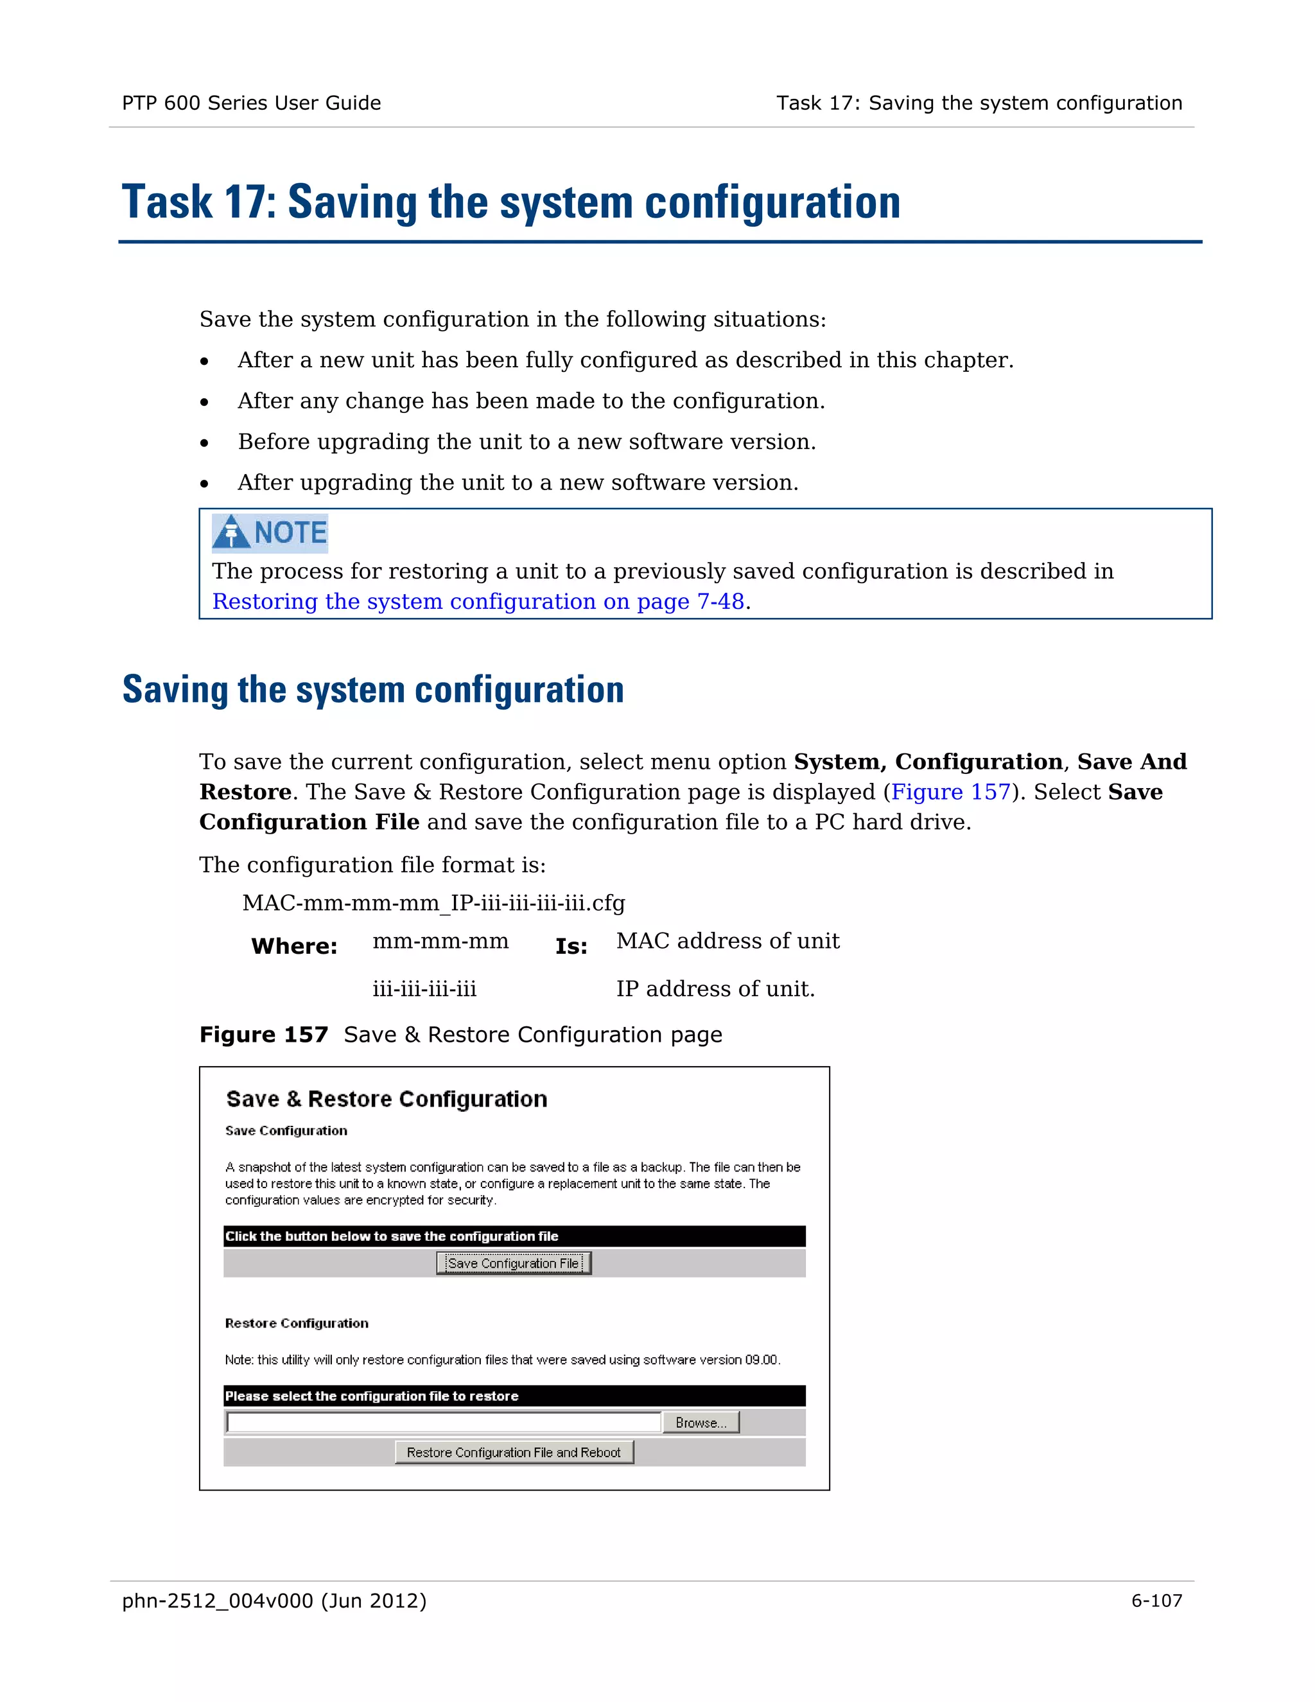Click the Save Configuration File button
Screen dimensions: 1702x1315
(x=514, y=1263)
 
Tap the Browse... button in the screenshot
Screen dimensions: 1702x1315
(x=701, y=1423)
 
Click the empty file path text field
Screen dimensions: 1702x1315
(x=443, y=1423)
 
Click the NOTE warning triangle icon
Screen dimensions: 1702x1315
(x=231, y=532)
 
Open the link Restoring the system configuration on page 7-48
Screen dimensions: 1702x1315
(x=478, y=602)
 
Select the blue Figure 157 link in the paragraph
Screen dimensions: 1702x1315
(x=950, y=792)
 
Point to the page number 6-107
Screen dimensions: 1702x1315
(x=1156, y=1601)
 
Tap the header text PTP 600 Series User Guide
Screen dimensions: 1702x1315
(x=251, y=103)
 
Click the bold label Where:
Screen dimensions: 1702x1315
(x=293, y=946)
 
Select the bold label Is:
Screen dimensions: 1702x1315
(x=571, y=946)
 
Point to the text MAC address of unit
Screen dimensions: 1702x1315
(x=727, y=942)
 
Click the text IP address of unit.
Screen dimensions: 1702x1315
(x=715, y=989)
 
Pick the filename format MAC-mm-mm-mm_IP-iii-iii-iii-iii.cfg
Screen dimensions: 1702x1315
(x=433, y=903)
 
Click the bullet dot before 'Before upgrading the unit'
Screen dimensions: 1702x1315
(x=204, y=443)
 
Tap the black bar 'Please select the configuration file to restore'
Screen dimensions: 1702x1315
(x=514, y=1396)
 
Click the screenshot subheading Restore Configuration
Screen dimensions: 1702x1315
(x=297, y=1323)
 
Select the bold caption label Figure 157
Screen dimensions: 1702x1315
(x=263, y=1035)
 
